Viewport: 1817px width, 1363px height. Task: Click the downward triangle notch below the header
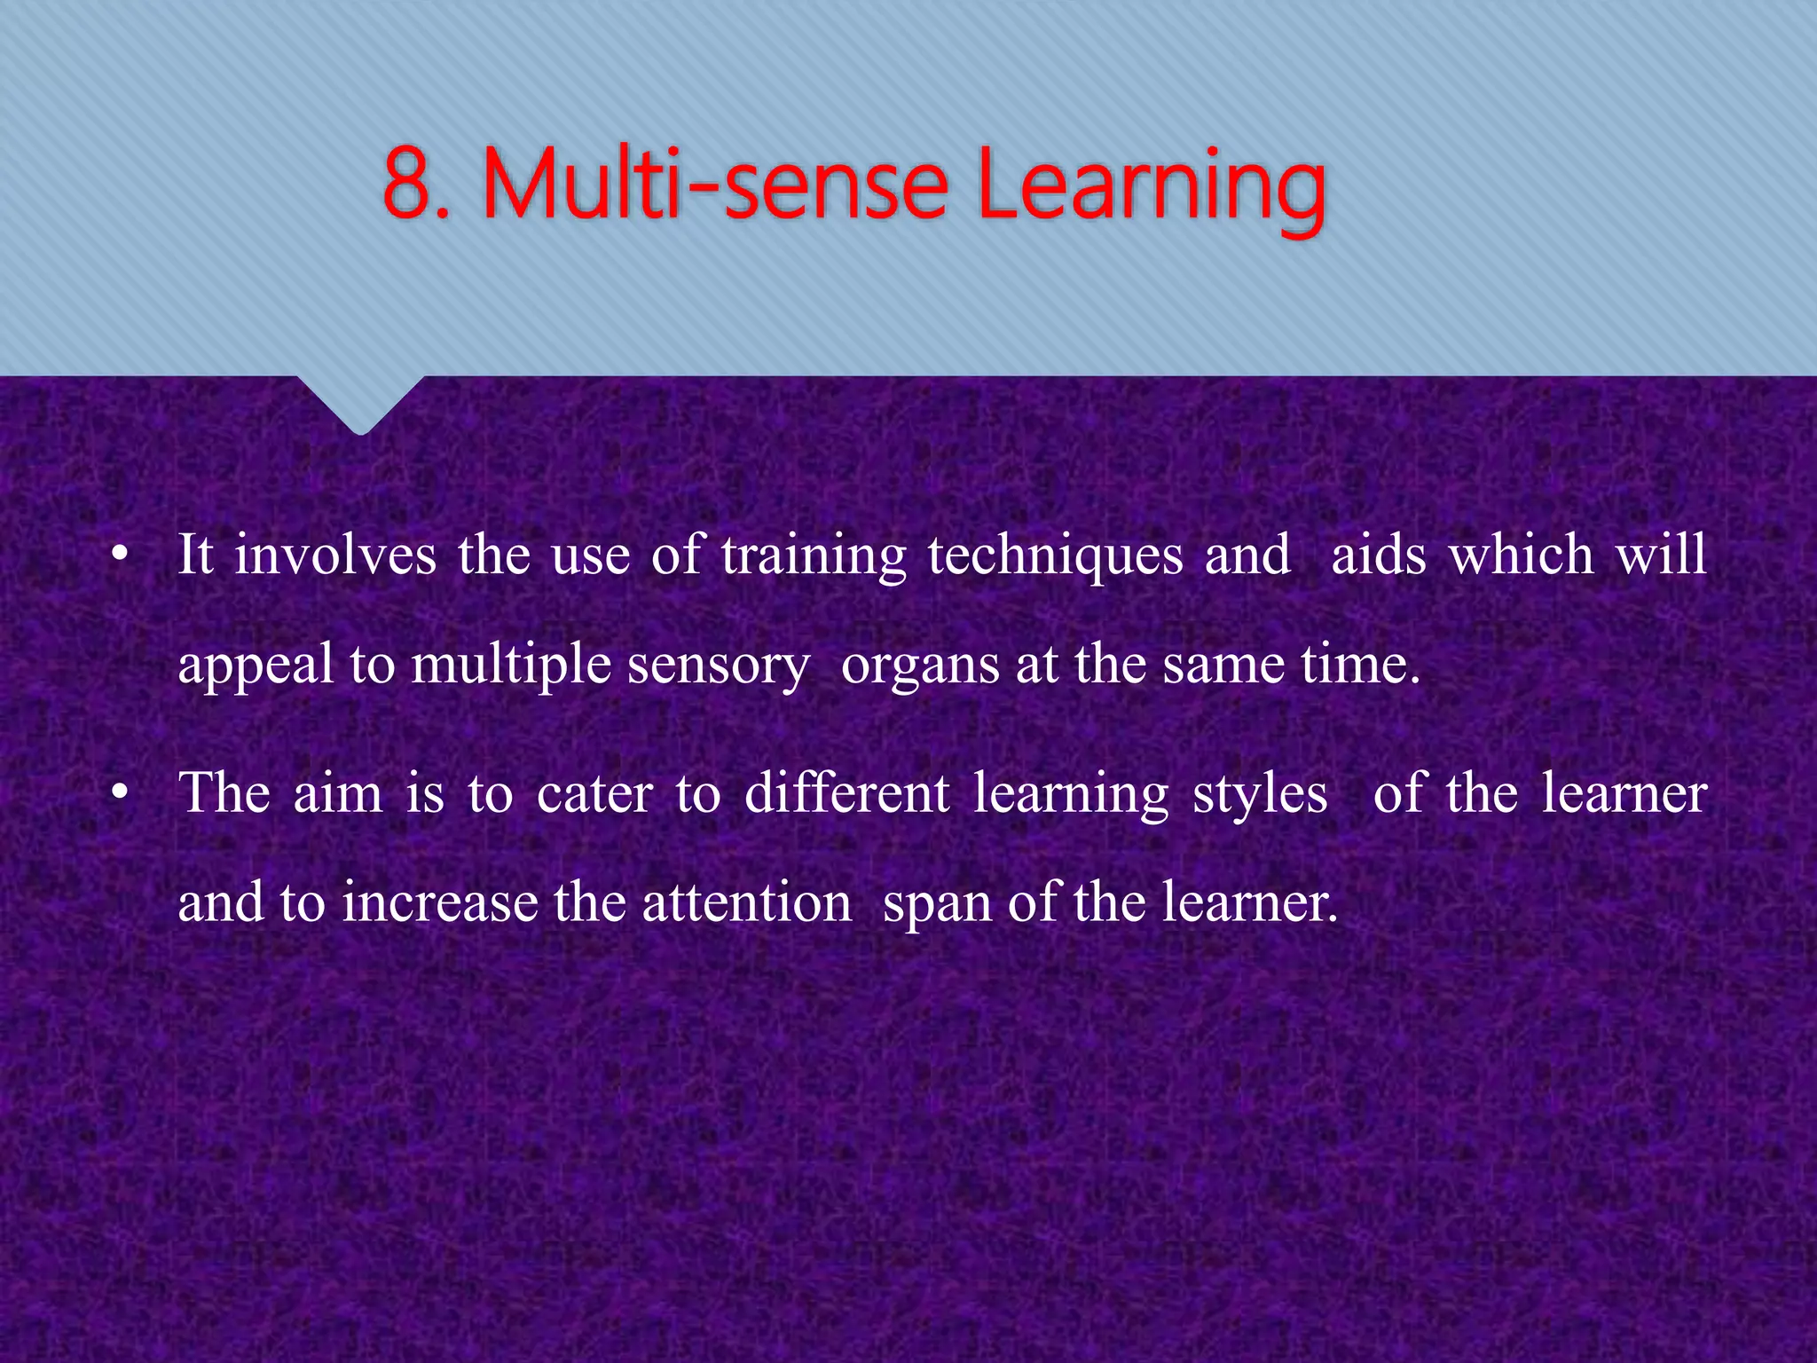(x=360, y=404)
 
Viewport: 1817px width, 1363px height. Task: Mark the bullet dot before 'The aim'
(x=121, y=792)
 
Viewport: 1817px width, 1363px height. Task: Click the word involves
(x=335, y=555)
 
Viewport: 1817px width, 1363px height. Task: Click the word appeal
(x=256, y=666)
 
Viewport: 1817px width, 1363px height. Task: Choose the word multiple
(x=511, y=666)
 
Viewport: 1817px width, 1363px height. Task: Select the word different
(x=846, y=792)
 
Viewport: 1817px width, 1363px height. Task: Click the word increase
(x=440, y=903)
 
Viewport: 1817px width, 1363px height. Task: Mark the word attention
(x=746, y=902)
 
